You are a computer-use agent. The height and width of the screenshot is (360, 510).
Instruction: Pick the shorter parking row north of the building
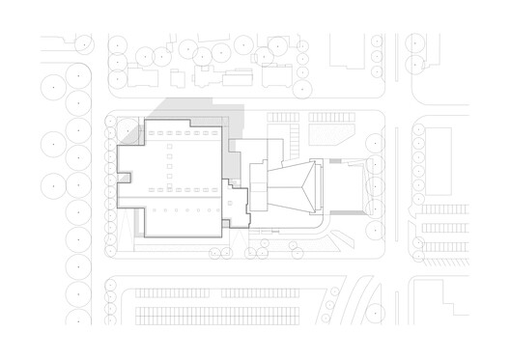[x=281, y=118]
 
